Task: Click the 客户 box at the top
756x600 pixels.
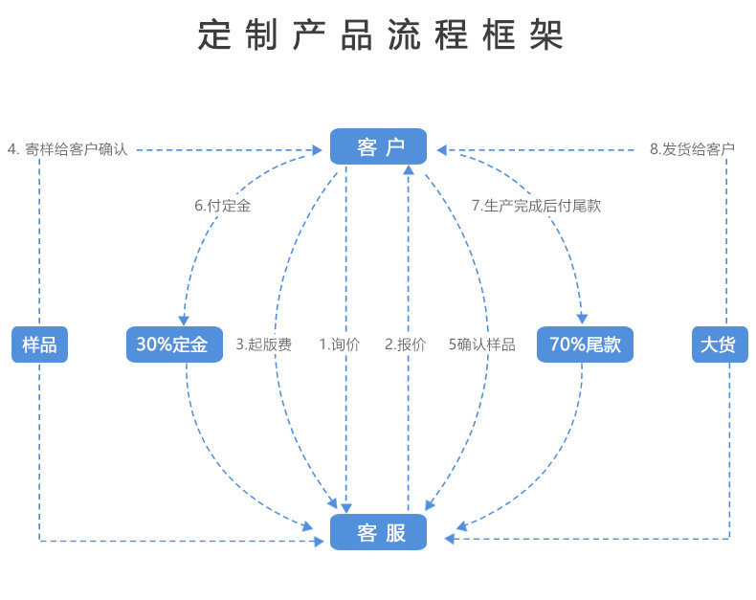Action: pos(379,146)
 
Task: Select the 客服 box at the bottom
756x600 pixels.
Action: pos(379,532)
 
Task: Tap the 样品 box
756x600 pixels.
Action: pos(39,344)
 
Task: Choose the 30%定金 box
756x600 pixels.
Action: pos(174,344)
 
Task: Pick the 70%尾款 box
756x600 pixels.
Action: pos(585,344)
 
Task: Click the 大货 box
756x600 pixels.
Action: pos(720,344)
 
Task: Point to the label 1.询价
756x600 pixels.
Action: pos(340,344)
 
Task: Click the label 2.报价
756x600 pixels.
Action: pos(405,344)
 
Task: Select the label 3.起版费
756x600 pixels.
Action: pos(264,344)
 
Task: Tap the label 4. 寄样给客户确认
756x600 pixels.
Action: pos(68,149)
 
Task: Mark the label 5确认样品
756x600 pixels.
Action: pos(482,344)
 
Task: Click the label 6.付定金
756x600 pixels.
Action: pos(223,206)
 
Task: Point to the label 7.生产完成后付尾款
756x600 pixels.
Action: pos(536,206)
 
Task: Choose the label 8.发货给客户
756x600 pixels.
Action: pos(692,149)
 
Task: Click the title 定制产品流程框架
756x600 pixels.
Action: pos(381,34)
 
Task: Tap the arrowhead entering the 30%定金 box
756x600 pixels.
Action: pos(184,321)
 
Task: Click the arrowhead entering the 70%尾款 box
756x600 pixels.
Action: pos(582,319)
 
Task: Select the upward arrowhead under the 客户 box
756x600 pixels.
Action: pos(409,169)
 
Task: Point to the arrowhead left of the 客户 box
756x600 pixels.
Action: pos(318,150)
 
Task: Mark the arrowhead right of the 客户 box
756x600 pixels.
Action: pos(442,150)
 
